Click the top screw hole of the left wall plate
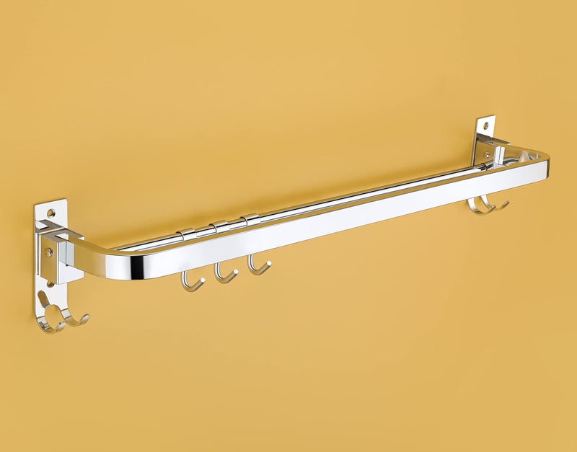(50, 213)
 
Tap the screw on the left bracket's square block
(48, 253)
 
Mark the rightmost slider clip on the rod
(250, 221)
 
